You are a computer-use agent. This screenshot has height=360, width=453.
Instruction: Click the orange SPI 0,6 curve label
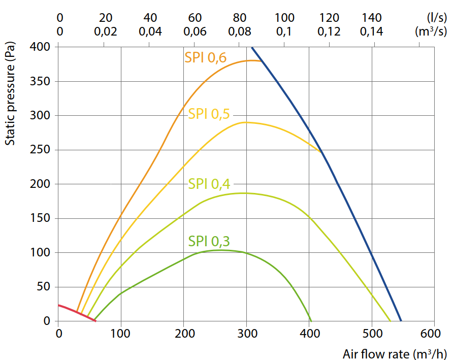coord(205,58)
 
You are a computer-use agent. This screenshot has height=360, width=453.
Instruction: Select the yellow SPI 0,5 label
coord(209,114)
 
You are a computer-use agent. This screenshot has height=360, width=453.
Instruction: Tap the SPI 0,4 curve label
coord(209,184)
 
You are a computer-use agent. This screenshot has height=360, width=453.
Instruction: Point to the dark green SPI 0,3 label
coord(209,241)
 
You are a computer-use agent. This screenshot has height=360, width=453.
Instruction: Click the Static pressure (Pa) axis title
coord(10,93)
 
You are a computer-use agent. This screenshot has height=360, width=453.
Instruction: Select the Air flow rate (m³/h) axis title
coord(395,353)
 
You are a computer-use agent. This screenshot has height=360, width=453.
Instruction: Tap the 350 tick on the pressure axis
coord(40,81)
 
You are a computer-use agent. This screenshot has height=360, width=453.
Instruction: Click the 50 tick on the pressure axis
coord(43,286)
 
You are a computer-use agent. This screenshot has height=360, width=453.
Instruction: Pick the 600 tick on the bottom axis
coord(431,334)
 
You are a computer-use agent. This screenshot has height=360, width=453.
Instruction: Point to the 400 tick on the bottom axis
coord(310,334)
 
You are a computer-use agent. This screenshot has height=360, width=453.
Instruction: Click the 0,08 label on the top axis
coord(240,31)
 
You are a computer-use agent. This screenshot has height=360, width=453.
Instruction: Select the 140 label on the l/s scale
coord(372,18)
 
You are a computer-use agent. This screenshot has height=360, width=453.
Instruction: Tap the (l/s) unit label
coord(437,18)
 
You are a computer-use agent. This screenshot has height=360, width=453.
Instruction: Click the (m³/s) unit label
coord(431,31)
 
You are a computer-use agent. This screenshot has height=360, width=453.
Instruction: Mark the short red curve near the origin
coord(77,312)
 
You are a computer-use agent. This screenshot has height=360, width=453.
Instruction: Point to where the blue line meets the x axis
coord(401,321)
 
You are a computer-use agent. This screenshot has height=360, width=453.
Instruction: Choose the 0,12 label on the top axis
coord(329,31)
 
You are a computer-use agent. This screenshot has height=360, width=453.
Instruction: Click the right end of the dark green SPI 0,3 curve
coord(311,321)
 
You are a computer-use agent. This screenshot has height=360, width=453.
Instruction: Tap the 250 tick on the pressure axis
coord(40,150)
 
